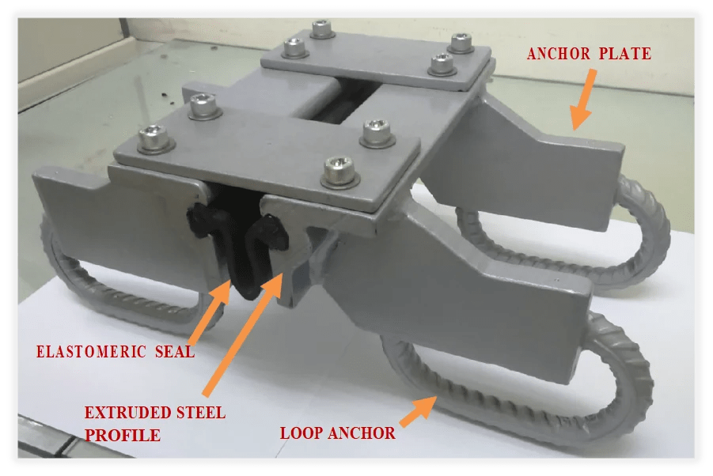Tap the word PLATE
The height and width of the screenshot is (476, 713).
click(628, 54)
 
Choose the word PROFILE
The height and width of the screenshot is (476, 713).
click(122, 435)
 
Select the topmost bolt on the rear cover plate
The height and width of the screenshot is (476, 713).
click(321, 29)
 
